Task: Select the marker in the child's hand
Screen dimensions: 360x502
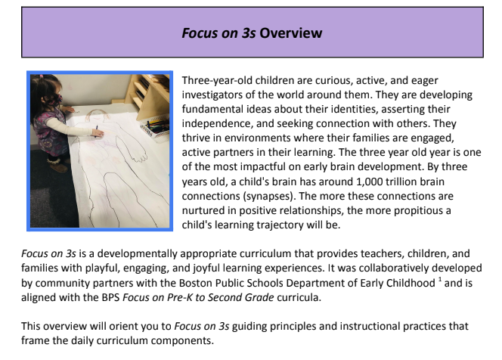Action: pyautogui.click(x=97, y=134)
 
